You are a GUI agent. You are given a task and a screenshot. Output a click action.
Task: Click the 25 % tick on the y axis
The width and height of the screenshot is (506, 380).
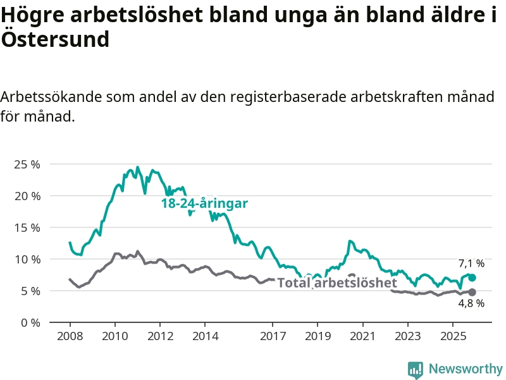27,165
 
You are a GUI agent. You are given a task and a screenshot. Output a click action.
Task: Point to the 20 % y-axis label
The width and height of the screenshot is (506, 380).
27,196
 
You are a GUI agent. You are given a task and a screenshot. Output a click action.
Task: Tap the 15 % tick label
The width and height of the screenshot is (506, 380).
27,228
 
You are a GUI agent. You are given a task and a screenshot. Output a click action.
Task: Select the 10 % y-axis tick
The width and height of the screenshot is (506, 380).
27,260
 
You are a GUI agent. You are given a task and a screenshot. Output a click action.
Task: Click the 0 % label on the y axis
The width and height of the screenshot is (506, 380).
30,323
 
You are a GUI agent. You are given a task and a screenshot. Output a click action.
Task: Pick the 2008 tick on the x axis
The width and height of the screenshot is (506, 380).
70,336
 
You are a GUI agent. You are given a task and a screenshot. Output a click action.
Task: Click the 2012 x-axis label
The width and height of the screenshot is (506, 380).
160,336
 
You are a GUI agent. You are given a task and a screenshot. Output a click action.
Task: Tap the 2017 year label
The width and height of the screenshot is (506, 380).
273,336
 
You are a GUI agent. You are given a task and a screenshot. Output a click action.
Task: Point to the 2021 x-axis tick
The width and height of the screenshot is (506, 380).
363,336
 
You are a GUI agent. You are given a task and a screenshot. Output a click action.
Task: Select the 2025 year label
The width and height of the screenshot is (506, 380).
453,336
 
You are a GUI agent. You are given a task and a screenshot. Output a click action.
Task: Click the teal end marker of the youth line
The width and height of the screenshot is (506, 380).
472,277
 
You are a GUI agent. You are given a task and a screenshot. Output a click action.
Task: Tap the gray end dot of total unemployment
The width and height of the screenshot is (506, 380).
472,292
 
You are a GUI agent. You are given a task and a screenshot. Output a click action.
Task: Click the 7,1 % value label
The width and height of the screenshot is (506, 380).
471,263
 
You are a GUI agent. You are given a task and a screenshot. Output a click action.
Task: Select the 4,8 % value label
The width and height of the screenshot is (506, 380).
471,303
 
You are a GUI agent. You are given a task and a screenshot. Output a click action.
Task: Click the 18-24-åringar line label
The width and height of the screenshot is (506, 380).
204,203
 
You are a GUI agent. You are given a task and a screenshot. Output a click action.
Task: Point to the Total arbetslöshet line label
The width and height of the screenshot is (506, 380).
337,282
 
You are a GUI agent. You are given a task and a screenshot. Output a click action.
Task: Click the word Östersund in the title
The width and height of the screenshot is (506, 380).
56,40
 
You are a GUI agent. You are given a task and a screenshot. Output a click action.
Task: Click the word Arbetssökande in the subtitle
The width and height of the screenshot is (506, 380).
51,98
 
